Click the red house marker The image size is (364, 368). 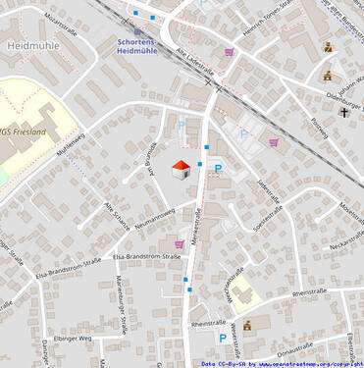click(181, 170)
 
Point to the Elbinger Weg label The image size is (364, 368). click(72, 338)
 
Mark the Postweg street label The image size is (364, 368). click(319, 128)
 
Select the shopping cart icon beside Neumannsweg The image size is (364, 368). click(179, 243)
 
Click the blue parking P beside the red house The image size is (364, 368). click(219, 170)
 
